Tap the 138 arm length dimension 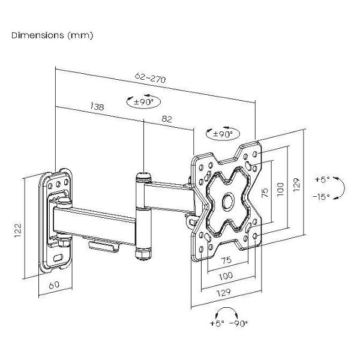pos(96,107)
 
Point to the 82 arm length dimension pos(167,119)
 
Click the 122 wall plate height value pos(18,228)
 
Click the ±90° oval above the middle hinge pos(143,102)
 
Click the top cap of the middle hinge pos(143,176)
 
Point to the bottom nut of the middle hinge pos(143,254)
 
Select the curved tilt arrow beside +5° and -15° pos(340,187)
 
